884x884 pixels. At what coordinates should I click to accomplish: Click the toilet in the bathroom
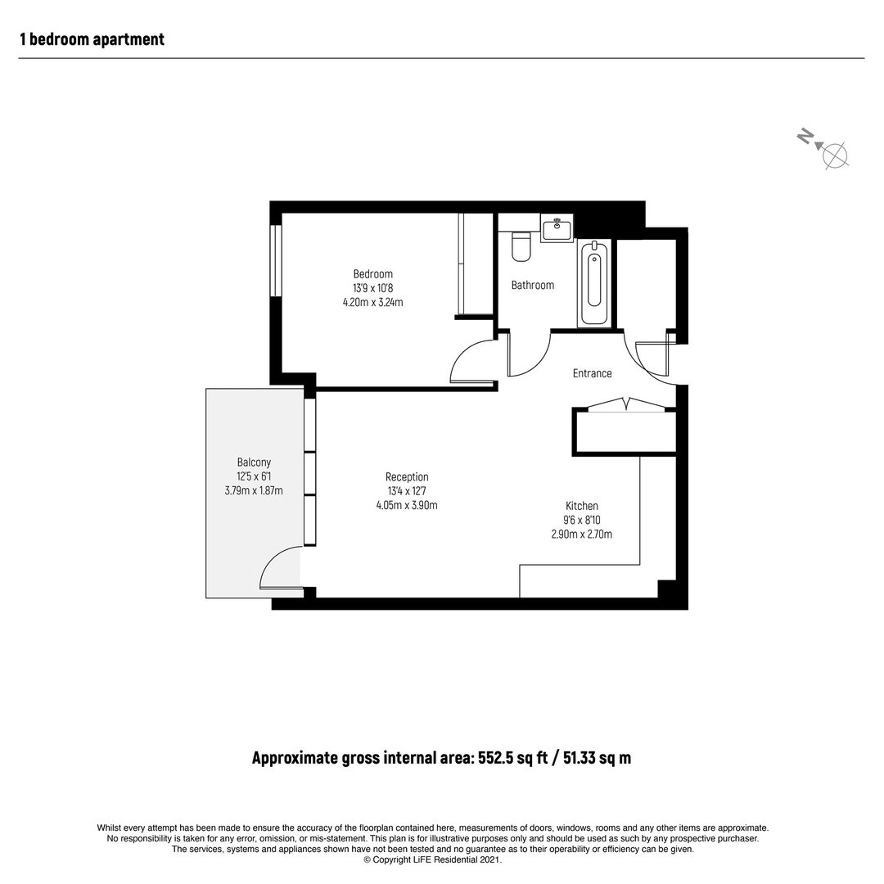pyautogui.click(x=521, y=246)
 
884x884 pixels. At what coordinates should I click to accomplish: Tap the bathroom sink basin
pyautogui.click(x=557, y=228)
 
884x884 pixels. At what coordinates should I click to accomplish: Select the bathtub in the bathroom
pyautogui.click(x=593, y=283)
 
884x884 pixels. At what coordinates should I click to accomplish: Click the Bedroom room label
pyautogui.click(x=372, y=274)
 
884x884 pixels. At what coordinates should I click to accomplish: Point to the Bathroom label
pyautogui.click(x=532, y=286)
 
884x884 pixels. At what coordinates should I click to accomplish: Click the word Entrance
pyautogui.click(x=592, y=373)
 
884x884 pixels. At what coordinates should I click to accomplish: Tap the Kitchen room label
pyautogui.click(x=582, y=506)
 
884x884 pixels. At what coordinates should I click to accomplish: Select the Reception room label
pyautogui.click(x=407, y=477)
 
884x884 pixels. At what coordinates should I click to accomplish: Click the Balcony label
pyautogui.click(x=254, y=462)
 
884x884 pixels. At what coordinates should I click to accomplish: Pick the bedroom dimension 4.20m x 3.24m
pyautogui.click(x=372, y=302)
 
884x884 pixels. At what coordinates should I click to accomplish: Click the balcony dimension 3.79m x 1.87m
pyautogui.click(x=254, y=490)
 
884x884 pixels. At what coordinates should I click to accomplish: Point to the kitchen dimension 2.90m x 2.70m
pyautogui.click(x=582, y=534)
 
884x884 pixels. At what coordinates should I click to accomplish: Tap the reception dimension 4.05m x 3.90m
pyautogui.click(x=407, y=505)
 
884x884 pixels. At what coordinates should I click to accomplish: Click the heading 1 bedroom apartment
pyautogui.click(x=92, y=39)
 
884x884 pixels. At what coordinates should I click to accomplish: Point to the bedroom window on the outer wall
pyautogui.click(x=275, y=260)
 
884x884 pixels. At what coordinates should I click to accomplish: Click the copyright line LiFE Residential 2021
pyautogui.click(x=432, y=859)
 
